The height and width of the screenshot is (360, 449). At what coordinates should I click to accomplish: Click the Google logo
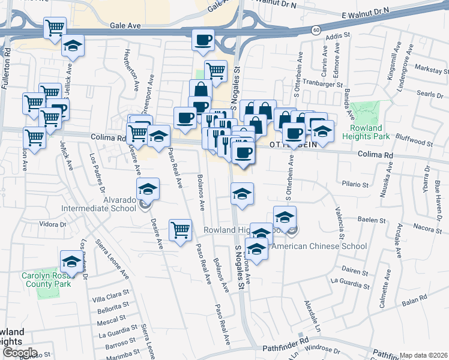[x=19, y=353]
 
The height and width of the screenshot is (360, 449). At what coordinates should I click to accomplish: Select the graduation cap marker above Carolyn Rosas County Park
[x=71, y=261]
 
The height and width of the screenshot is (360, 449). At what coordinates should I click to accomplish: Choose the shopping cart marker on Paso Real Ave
[x=180, y=230]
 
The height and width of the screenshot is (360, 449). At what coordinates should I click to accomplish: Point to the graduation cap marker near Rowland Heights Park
[x=322, y=131]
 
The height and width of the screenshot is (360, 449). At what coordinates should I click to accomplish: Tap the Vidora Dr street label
[x=51, y=224]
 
